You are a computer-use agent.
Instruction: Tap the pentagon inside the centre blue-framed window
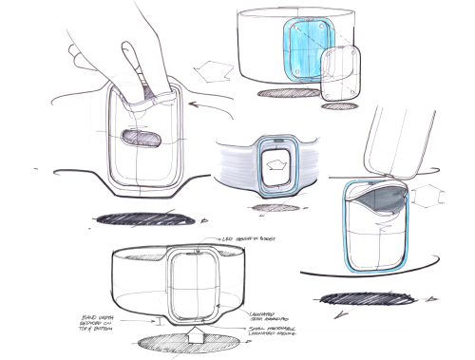[276, 163]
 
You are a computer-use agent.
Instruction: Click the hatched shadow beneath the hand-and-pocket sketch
[138, 219]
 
